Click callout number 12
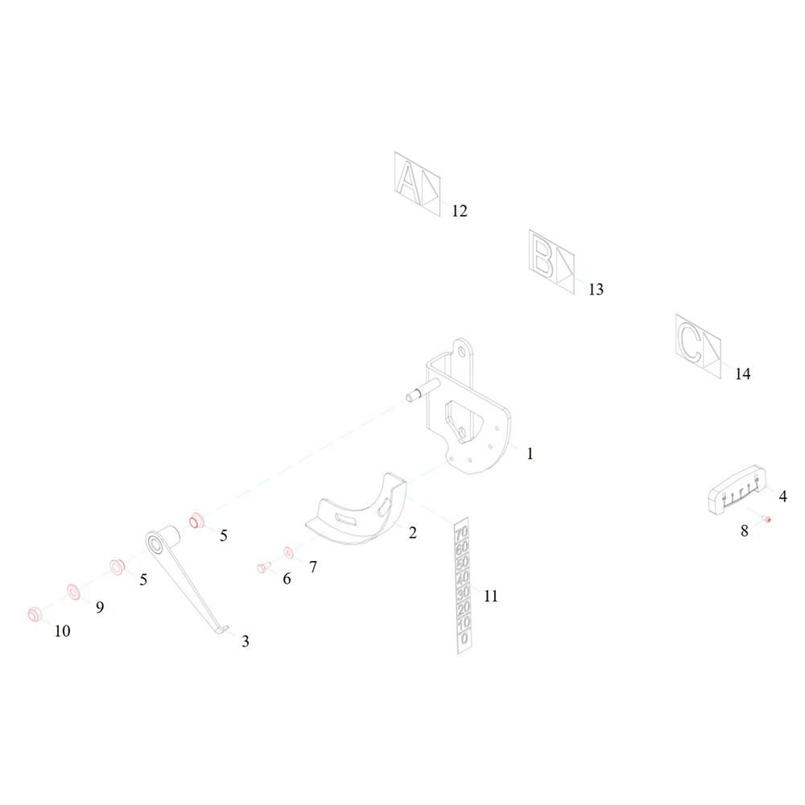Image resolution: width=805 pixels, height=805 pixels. pyautogui.click(x=459, y=212)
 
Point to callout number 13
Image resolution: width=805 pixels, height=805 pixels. pyautogui.click(x=595, y=290)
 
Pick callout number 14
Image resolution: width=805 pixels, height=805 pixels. pyautogui.click(x=741, y=374)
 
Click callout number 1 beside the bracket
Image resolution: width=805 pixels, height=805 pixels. pyautogui.click(x=530, y=454)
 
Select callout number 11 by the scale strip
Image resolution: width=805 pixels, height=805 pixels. pyautogui.click(x=491, y=597)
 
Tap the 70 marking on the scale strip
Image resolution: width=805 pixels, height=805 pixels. pyautogui.click(x=461, y=534)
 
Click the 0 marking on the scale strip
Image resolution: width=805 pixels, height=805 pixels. pyautogui.click(x=464, y=638)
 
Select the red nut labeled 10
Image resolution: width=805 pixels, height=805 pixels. pyautogui.click(x=35, y=614)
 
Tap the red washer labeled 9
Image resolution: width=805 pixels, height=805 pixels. pyautogui.click(x=72, y=592)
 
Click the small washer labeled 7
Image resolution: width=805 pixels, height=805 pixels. pyautogui.click(x=289, y=553)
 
